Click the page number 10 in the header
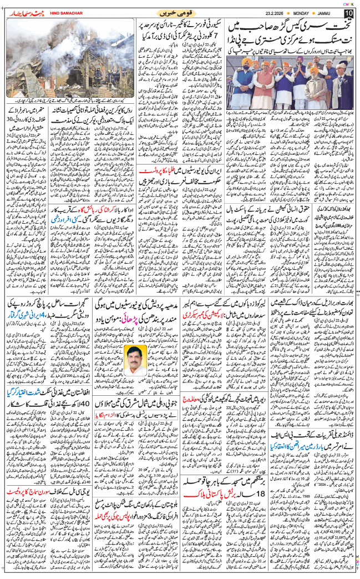tap(348, 13)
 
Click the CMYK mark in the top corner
tap(348, 3)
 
